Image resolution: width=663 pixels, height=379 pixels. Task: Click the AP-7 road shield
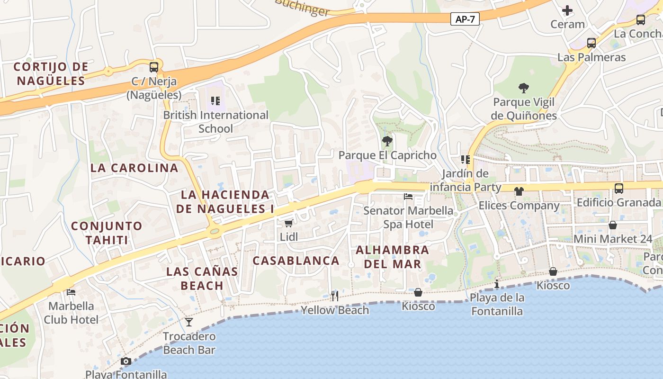point(465,19)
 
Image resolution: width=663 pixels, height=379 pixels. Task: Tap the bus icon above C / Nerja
point(154,67)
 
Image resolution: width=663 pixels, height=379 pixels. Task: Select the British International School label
point(215,122)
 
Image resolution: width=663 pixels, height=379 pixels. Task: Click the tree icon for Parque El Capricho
point(387,141)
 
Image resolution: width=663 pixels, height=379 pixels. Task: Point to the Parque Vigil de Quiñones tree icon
point(523,88)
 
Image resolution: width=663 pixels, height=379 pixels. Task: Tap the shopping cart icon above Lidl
point(288,223)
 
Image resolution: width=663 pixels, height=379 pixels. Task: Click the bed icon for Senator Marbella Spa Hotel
point(408,197)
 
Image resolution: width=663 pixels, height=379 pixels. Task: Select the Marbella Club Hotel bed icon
point(71,292)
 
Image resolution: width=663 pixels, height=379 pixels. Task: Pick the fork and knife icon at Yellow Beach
point(335,296)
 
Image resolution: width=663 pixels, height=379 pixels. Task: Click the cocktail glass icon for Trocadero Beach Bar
point(189,322)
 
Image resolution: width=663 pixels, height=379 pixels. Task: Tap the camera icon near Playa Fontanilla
point(125,361)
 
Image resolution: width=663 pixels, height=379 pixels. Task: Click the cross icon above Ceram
point(567,10)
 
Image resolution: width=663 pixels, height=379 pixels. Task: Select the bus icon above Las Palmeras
point(591,43)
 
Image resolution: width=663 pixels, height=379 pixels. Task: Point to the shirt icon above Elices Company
point(519,191)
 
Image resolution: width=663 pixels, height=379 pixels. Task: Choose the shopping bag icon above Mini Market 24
point(613,225)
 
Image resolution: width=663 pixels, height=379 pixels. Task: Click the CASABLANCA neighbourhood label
point(296,261)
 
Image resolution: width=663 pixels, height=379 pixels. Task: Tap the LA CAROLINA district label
point(134,168)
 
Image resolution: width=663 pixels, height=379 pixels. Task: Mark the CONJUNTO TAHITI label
point(107,233)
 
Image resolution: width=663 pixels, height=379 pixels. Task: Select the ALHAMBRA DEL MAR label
point(393,257)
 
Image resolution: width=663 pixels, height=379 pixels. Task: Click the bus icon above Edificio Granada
point(618,189)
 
